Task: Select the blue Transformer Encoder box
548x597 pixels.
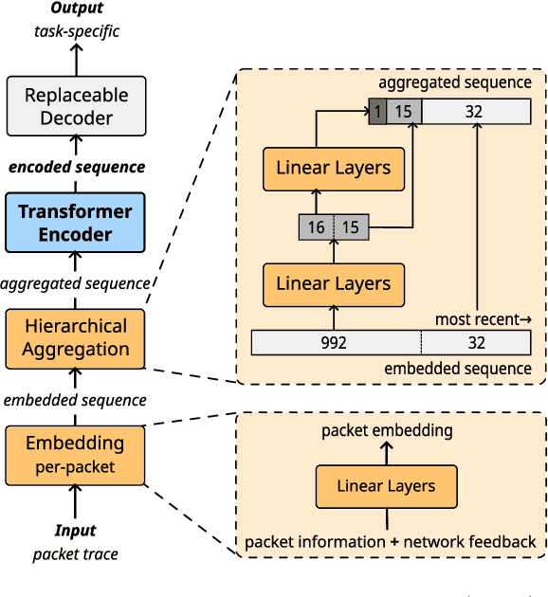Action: pos(75,223)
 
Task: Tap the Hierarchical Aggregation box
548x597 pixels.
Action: pos(75,337)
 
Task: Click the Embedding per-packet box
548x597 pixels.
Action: pos(75,454)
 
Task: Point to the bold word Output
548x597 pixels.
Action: pos(76,10)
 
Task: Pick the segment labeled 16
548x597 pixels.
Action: pos(317,227)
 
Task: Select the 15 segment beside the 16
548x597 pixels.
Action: pos(351,227)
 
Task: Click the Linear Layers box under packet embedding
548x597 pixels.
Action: pos(386,486)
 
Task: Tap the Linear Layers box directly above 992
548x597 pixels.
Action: pos(333,283)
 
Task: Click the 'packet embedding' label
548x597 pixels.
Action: pos(387,431)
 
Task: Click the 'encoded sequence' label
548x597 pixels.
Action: pos(77,167)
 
